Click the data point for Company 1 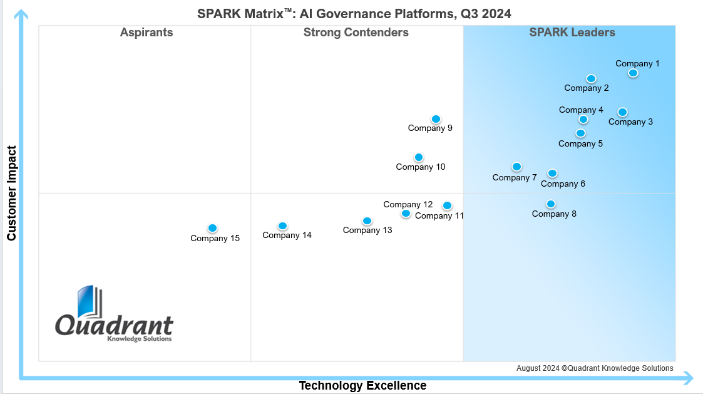[633, 73]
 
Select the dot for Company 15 [212, 228]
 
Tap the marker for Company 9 [436, 119]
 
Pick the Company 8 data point [550, 204]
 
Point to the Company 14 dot [282, 226]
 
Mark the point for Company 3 [622, 112]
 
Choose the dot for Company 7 [516, 167]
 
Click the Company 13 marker [367, 220]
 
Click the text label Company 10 [421, 167]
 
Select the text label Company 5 [580, 144]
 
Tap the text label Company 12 [408, 204]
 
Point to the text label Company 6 [563, 184]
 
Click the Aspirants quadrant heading [146, 33]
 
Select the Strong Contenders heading [356, 33]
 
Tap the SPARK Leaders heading [572, 33]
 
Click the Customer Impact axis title [11, 193]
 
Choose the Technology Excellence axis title [362, 385]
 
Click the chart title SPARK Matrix [354, 13]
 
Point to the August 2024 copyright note [595, 368]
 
